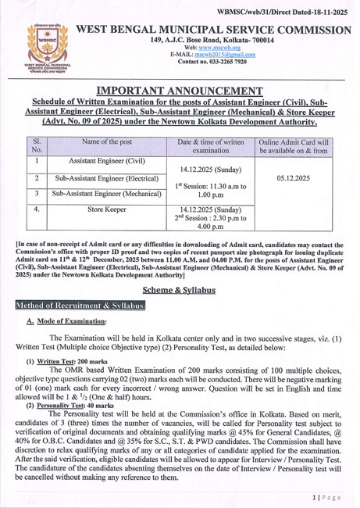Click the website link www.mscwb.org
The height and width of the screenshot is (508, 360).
pos(225,47)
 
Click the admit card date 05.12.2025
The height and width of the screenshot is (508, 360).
pos(294,178)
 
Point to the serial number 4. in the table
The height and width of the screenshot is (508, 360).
pos(37,209)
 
